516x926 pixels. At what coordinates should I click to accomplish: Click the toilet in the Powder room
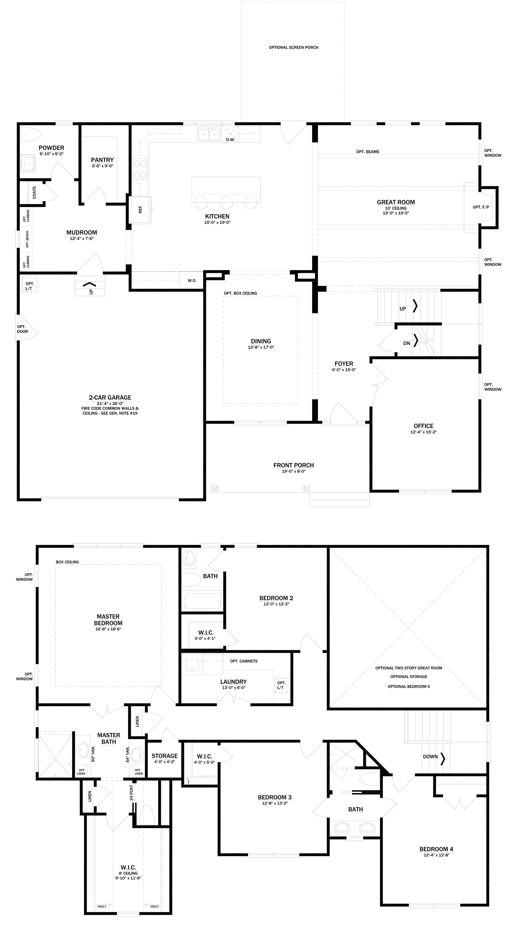click(x=29, y=134)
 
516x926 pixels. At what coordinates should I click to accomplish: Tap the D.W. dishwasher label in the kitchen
click(x=230, y=139)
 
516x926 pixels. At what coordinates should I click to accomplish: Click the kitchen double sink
click(x=209, y=134)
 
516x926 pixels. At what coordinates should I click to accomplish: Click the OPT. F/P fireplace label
click(x=480, y=207)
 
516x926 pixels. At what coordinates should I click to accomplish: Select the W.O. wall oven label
click(x=192, y=280)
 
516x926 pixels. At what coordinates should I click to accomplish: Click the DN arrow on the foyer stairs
click(x=416, y=340)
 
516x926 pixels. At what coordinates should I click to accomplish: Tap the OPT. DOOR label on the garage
click(x=22, y=329)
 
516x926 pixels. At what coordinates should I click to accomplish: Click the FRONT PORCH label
click(x=293, y=465)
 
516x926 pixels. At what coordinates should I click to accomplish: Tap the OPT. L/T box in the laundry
click(x=281, y=685)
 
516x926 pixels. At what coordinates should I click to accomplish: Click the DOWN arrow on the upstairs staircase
click(x=443, y=757)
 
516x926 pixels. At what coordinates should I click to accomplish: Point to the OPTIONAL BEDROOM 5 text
click(x=408, y=687)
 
